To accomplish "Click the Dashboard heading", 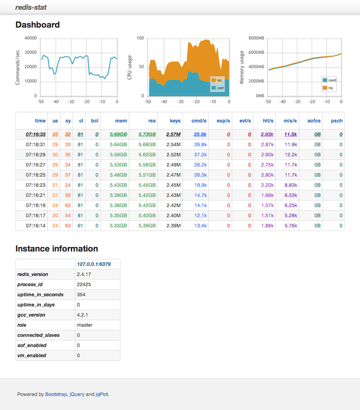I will (x=38, y=25).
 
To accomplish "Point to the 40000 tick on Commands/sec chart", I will (x=31, y=38).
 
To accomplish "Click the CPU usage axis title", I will (x=131, y=67).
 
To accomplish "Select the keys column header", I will (x=175, y=121).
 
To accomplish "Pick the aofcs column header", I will (x=314, y=121).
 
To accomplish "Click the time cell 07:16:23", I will (x=35, y=185).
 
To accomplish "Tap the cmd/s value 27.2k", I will (x=201, y=155).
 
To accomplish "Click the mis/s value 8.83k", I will (x=291, y=185).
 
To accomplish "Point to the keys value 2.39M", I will (x=173, y=225).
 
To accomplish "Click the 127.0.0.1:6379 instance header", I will (x=94, y=264).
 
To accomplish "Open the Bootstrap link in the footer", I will (x=56, y=395).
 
